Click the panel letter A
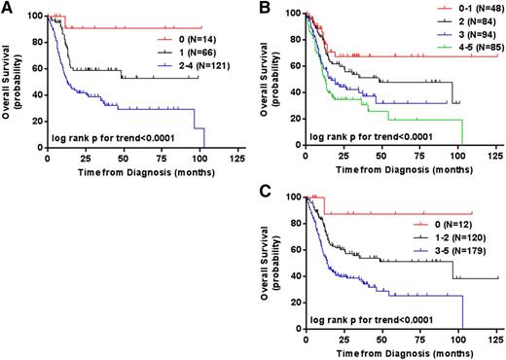[8, 9]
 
